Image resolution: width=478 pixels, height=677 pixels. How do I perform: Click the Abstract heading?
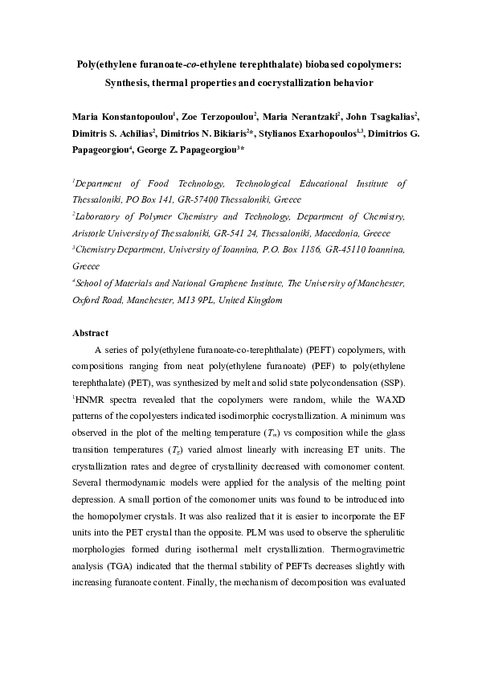tap(90, 333)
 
